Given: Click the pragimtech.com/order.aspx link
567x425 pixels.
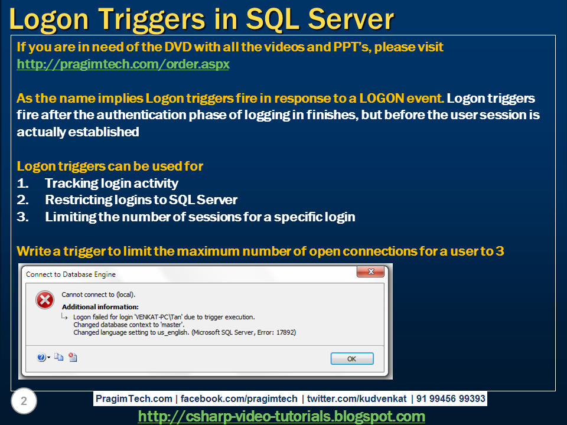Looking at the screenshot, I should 123,64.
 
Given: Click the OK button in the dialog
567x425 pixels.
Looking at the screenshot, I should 351,358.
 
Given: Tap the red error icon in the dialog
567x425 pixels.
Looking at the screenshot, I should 45,300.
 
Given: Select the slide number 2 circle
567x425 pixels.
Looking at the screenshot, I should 24,401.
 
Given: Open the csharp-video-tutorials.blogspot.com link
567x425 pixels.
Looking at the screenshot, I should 281,417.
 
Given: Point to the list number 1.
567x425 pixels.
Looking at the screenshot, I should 23,184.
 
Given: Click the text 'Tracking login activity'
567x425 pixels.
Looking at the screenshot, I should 112,184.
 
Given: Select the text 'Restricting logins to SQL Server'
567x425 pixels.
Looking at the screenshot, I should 141,200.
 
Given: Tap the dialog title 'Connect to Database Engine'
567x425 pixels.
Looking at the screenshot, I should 71,274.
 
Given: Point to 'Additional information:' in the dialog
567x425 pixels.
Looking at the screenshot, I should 100,307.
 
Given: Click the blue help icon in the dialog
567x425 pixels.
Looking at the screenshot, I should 41,357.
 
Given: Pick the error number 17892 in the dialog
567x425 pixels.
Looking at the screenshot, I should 283,332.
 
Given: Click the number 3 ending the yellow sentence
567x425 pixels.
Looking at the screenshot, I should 500,251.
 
